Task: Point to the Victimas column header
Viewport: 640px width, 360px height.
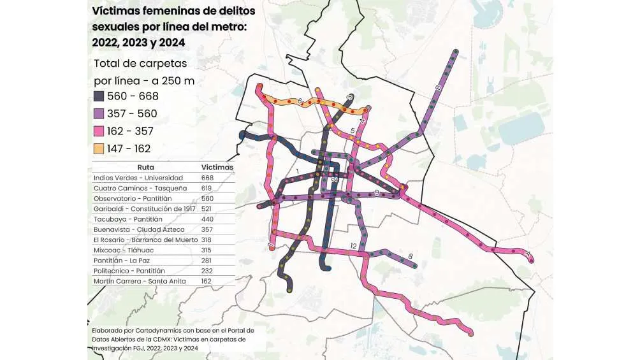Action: tap(217, 167)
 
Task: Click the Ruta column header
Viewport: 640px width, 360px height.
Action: tap(145, 167)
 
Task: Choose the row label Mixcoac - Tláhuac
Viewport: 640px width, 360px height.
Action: tap(119, 250)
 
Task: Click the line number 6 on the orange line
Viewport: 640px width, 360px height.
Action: tap(299, 101)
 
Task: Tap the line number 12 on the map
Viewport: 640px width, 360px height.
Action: tap(352, 245)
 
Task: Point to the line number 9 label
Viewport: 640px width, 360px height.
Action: tap(377, 192)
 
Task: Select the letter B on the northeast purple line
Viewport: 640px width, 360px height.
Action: tap(438, 87)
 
